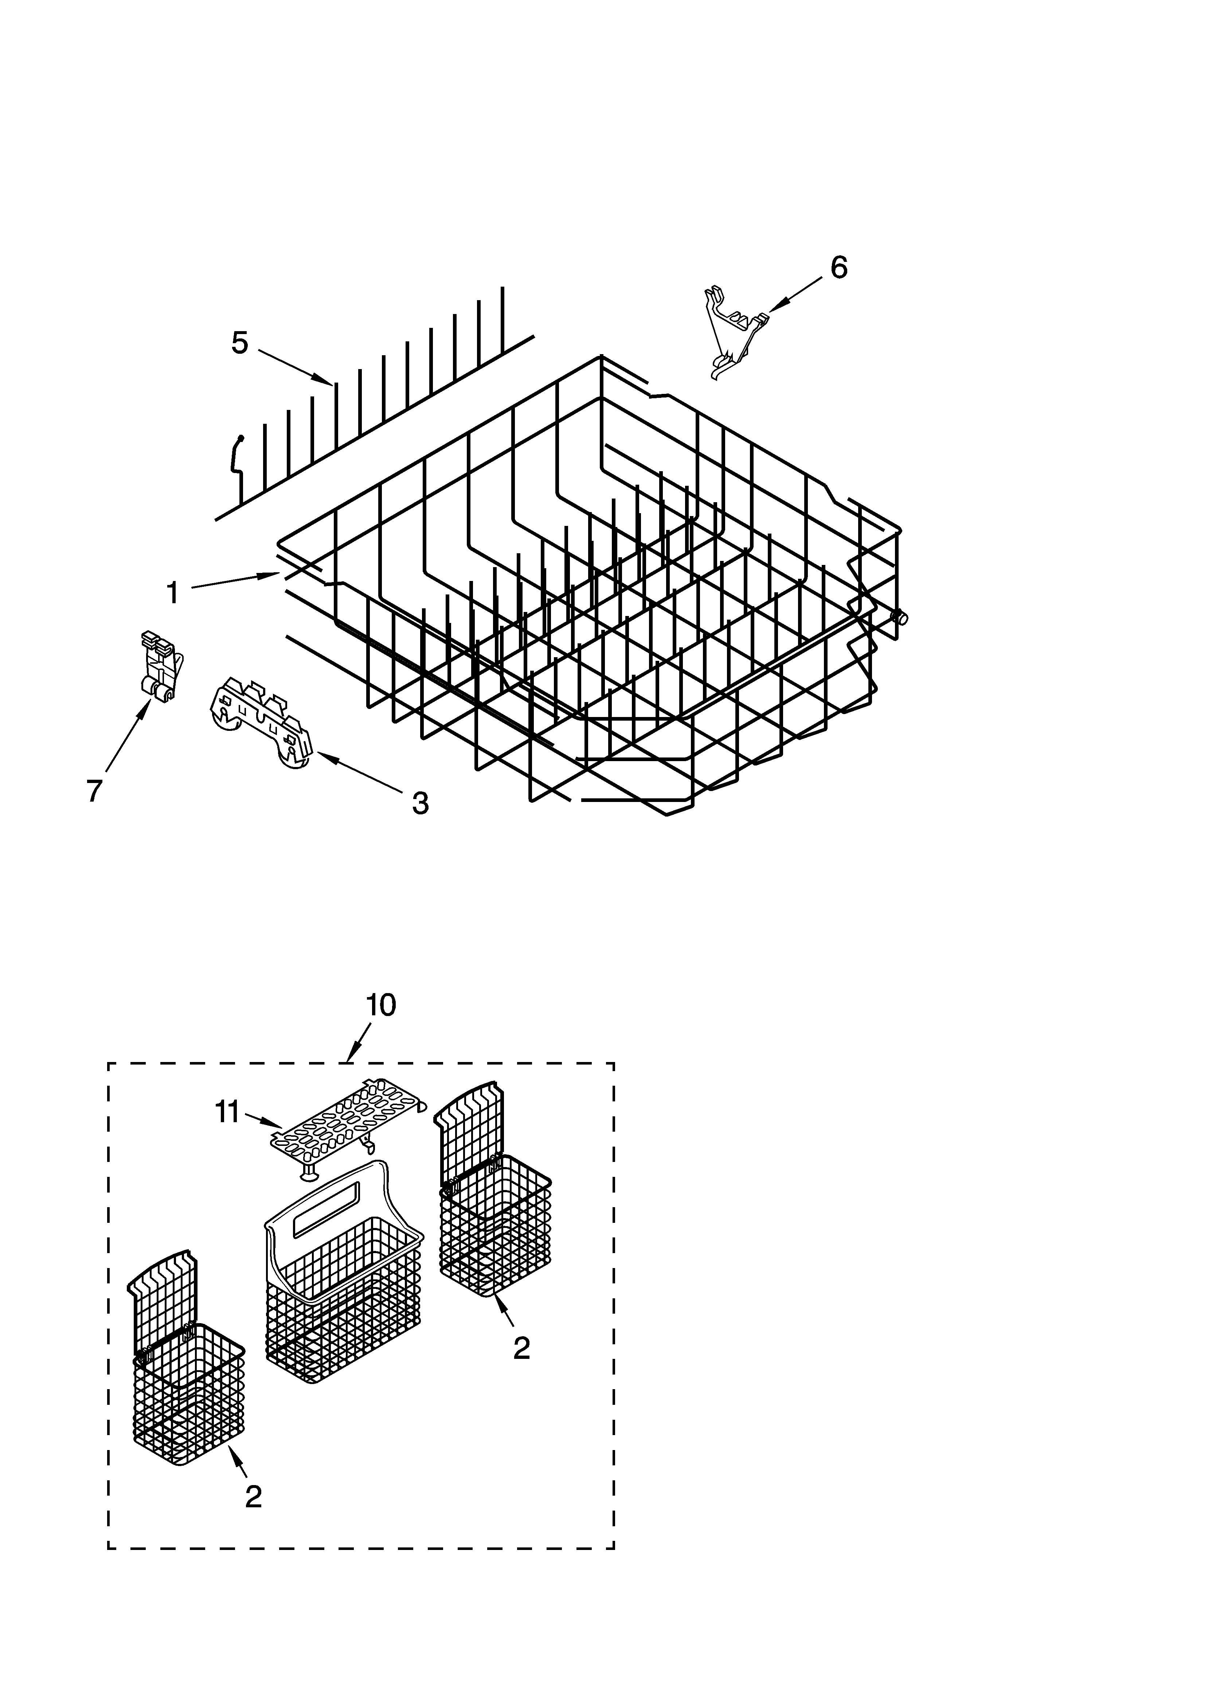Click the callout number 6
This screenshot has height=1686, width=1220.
[838, 268]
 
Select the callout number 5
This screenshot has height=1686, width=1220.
[239, 344]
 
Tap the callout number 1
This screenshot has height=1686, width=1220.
[172, 593]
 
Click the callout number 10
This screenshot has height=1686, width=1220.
[380, 1005]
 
